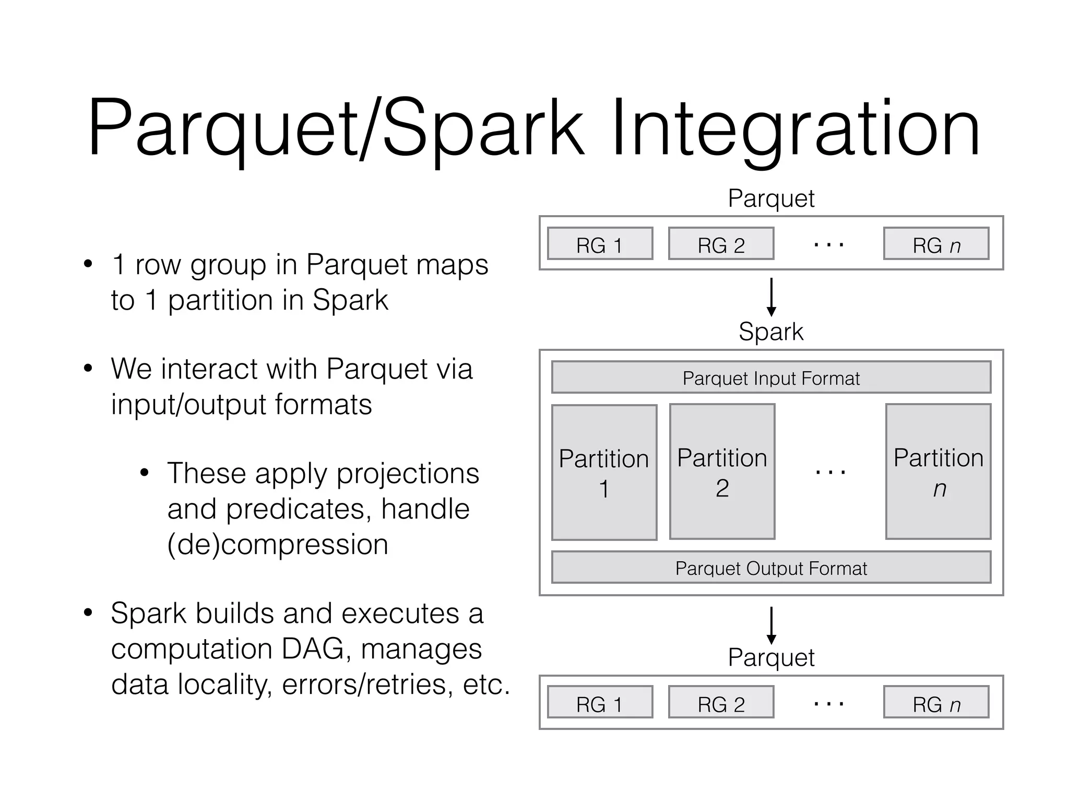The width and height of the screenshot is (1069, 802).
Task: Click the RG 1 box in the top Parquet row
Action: (600, 244)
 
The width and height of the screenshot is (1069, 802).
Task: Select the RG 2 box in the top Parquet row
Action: (721, 244)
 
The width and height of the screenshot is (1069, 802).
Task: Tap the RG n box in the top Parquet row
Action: (936, 244)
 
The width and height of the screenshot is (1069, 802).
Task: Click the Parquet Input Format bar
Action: (771, 378)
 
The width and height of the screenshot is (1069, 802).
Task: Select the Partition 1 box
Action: (604, 473)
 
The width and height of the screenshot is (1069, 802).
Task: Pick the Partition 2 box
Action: (722, 472)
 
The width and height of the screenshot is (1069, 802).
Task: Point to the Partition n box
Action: (938, 472)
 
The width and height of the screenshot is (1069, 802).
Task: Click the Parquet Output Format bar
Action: (771, 568)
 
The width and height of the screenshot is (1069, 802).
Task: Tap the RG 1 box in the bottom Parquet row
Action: (600, 703)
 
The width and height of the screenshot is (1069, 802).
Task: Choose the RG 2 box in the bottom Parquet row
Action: (721, 703)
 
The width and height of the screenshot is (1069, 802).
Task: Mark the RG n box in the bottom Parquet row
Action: (936, 703)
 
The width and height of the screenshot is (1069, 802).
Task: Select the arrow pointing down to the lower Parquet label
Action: (771, 625)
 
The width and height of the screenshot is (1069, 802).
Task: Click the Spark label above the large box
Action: (771, 332)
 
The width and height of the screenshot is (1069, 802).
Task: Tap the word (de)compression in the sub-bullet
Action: (278, 545)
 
